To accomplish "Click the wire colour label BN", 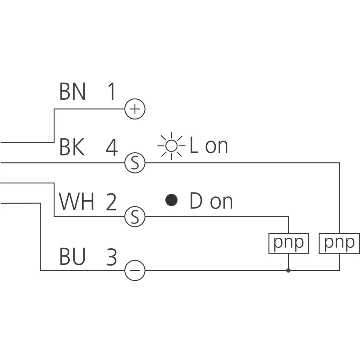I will tap(72, 92).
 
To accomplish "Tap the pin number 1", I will tap(111, 92).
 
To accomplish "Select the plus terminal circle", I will tap(135, 109).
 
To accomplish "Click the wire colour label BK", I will tap(72, 148).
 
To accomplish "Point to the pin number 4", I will tap(111, 148).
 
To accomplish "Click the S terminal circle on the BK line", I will tap(135, 163).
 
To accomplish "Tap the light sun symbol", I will tap(171, 145).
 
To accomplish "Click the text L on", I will tap(208, 146).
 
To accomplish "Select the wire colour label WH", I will tap(76, 202).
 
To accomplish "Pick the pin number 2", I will tap(111, 202).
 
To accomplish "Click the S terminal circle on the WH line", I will tap(135, 217).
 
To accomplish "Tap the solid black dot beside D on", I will tap(171, 200).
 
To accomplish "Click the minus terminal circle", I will tap(135, 270).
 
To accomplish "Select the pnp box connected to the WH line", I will tap(288, 243).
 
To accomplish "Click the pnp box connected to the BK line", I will tap(339, 243).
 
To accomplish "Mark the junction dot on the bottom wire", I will tap(288, 270).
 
